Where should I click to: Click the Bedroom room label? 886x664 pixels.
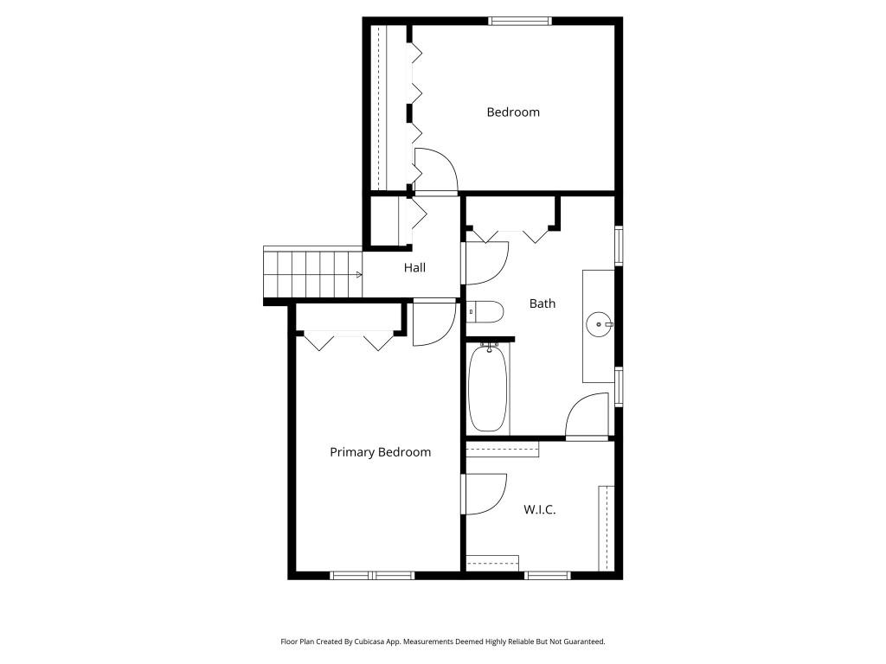click(512, 112)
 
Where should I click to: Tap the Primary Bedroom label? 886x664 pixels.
click(380, 452)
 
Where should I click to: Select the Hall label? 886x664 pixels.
click(414, 268)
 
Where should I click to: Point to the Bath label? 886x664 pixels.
click(543, 303)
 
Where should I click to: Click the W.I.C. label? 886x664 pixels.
click(539, 510)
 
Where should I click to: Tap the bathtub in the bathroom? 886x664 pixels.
click(487, 388)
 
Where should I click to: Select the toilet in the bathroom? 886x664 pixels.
click(485, 311)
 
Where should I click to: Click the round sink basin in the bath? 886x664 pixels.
click(598, 325)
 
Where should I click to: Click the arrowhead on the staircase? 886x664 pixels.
click(358, 275)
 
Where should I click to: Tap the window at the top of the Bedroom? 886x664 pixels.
click(520, 21)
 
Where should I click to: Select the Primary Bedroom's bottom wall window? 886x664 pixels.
click(372, 575)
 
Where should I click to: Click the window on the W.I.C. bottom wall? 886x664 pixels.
click(547, 575)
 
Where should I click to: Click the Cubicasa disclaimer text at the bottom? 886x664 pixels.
click(442, 642)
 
